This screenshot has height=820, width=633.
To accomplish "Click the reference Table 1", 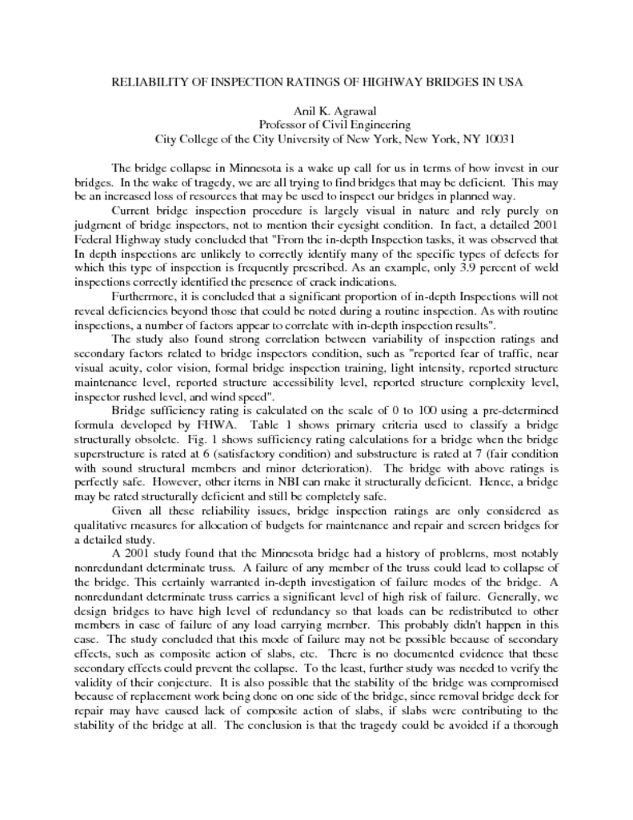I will pos(249,423).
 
